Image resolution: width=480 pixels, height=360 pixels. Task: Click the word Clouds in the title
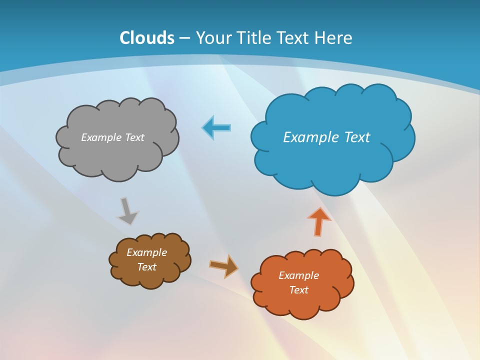click(147, 38)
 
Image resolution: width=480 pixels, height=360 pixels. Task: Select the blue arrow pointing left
click(216, 128)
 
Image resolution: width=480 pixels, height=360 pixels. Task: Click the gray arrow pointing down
click(127, 210)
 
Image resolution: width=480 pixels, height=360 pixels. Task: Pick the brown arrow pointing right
click(223, 266)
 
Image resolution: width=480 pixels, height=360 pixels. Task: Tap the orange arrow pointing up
click(319, 221)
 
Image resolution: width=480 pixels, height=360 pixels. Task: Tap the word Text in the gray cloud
click(134, 137)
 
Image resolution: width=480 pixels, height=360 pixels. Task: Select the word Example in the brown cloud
click(146, 252)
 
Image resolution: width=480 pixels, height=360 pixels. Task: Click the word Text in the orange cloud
click(298, 290)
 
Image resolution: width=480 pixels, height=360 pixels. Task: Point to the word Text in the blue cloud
click(357, 137)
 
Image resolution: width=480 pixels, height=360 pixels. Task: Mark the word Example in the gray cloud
click(101, 137)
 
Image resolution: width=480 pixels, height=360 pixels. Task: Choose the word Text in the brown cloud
click(146, 267)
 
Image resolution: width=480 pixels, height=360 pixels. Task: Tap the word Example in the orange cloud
click(298, 275)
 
